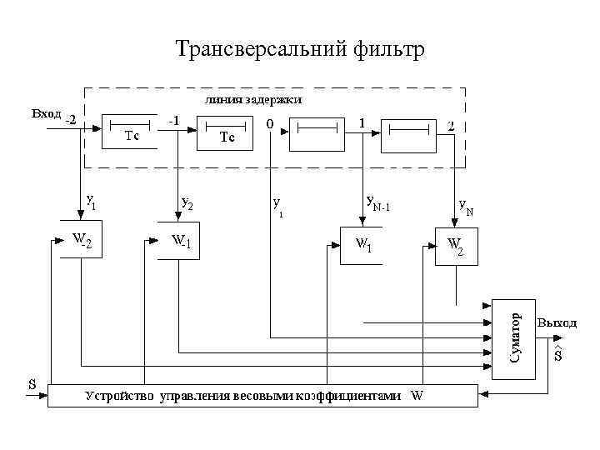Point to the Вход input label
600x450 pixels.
46,113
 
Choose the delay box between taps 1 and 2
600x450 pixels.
408,133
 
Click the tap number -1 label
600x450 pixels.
173,120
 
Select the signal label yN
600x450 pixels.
466,207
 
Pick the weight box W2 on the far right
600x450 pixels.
456,245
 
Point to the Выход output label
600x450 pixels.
557,322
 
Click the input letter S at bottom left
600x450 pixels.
32,384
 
